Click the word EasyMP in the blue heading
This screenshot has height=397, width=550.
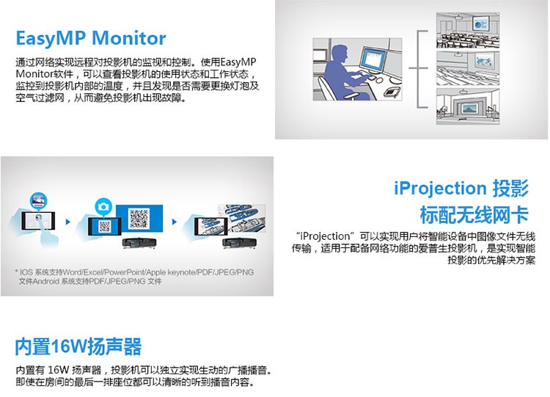point(51,39)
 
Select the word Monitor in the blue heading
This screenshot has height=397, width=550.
point(128,38)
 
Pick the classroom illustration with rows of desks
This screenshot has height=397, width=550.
point(468,31)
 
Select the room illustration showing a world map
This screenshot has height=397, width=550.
point(468,69)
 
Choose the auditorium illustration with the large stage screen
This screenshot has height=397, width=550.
point(468,106)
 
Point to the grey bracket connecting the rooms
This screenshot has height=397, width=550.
point(419,69)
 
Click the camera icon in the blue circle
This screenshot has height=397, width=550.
point(103,206)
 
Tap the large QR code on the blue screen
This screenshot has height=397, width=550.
point(139,219)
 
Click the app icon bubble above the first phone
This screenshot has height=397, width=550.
point(38,201)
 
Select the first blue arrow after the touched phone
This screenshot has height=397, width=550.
point(68,222)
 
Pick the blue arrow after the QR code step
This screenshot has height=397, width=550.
point(175,222)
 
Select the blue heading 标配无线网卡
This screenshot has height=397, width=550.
point(474,215)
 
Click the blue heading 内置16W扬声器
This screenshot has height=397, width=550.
point(78,346)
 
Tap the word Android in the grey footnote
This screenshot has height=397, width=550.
point(46,282)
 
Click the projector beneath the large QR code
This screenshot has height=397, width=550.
point(139,243)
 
